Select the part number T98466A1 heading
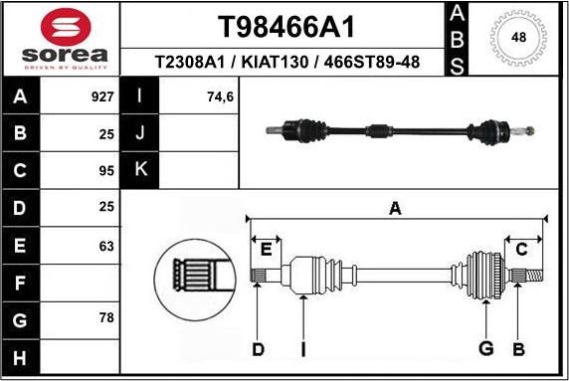[x=286, y=26]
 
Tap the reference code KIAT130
[x=286, y=63]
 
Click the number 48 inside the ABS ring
[x=518, y=38]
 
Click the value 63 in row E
[x=106, y=245]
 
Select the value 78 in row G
[x=106, y=318]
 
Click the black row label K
[x=140, y=169]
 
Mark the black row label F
[x=21, y=284]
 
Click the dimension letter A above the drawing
[x=395, y=209]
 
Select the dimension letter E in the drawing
[x=265, y=248]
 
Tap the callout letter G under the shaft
[x=486, y=348]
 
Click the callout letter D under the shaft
[x=258, y=348]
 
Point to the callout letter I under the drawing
[x=302, y=348]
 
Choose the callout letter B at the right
[x=518, y=348]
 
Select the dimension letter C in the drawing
[x=521, y=249]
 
